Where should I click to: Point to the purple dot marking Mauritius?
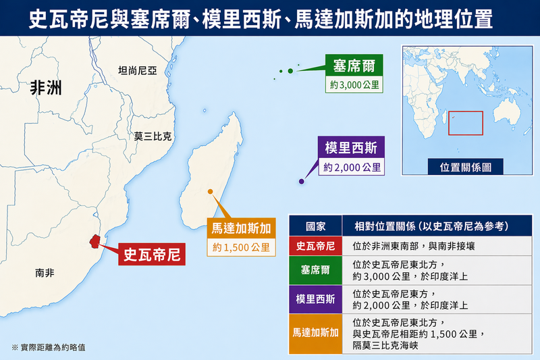(302, 181)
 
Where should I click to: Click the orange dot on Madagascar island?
(211, 192)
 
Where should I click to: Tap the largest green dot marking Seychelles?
(290, 71)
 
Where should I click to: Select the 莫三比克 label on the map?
(153, 136)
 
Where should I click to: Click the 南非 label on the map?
(45, 273)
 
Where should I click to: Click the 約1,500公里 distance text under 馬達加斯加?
(241, 247)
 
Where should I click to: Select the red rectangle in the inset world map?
(466, 123)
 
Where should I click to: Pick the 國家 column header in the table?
(316, 226)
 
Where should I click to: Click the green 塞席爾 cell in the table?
(316, 269)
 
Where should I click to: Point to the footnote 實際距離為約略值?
(49, 347)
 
